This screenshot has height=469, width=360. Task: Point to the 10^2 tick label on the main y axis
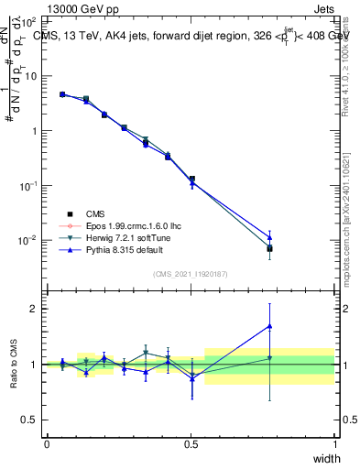click(x=28, y=20)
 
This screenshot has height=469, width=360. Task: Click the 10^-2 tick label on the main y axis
click(x=28, y=240)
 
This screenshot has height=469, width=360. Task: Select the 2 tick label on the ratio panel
click(x=37, y=309)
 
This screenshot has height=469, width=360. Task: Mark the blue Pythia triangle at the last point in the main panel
click(x=269, y=236)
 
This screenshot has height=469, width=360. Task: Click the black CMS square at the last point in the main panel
click(x=269, y=248)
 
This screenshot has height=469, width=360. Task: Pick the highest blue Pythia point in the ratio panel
click(x=269, y=325)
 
